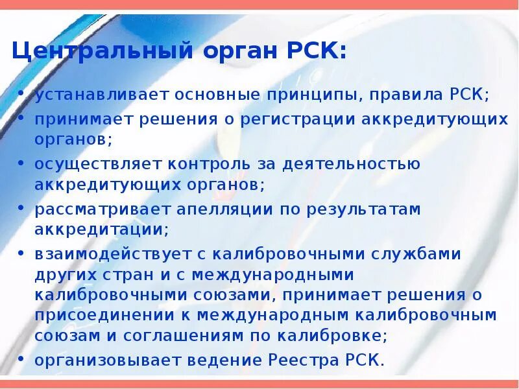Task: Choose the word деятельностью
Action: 350,164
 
